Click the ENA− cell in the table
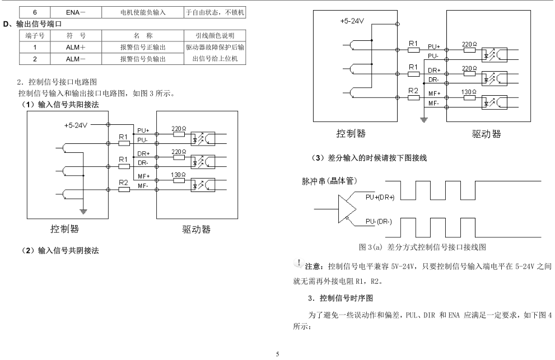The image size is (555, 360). click(x=72, y=12)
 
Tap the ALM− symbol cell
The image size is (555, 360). click(x=72, y=58)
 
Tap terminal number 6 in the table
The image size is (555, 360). click(x=34, y=12)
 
